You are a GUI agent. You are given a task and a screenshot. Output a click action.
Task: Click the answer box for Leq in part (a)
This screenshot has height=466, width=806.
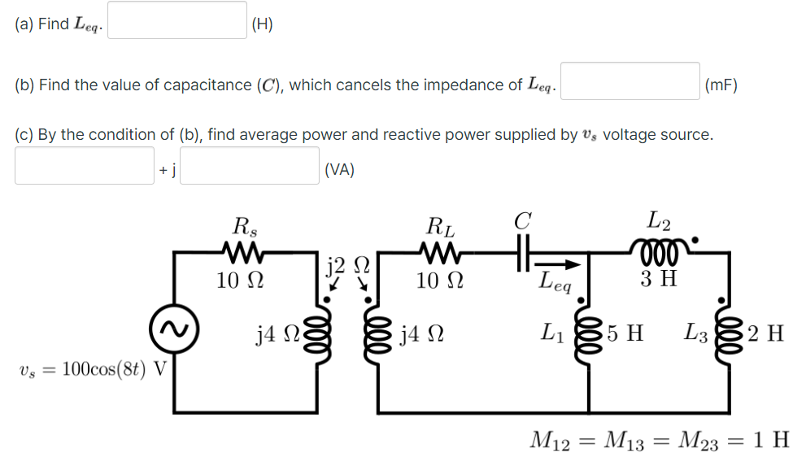pyautogui.click(x=178, y=20)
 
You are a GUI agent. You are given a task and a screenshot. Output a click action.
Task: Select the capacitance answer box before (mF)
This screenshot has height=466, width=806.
pyautogui.click(x=630, y=81)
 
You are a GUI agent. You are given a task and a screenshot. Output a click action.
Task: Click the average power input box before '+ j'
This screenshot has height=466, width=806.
pyautogui.click(x=85, y=166)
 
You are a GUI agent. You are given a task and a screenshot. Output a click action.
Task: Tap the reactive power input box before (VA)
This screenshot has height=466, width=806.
pyautogui.click(x=249, y=166)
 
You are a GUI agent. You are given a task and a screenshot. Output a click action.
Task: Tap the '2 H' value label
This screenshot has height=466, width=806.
pyautogui.click(x=765, y=333)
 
